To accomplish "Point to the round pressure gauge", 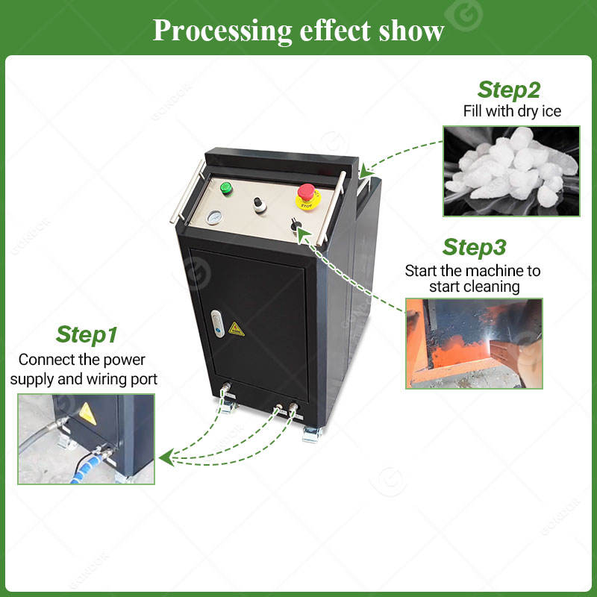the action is pyautogui.click(x=214, y=217).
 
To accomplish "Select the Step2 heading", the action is pyautogui.click(x=509, y=90).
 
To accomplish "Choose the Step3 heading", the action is pyautogui.click(x=474, y=247).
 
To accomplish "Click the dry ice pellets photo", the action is pyautogui.click(x=511, y=171).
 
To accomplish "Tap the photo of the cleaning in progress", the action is pyautogui.click(x=474, y=343).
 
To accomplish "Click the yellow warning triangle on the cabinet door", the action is pyautogui.click(x=237, y=328).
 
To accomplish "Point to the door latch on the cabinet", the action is pyautogui.click(x=216, y=322).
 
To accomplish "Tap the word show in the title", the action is pyautogui.click(x=410, y=31).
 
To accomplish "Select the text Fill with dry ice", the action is pyautogui.click(x=511, y=112).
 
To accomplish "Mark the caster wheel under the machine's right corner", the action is pyautogui.click(x=310, y=434).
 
